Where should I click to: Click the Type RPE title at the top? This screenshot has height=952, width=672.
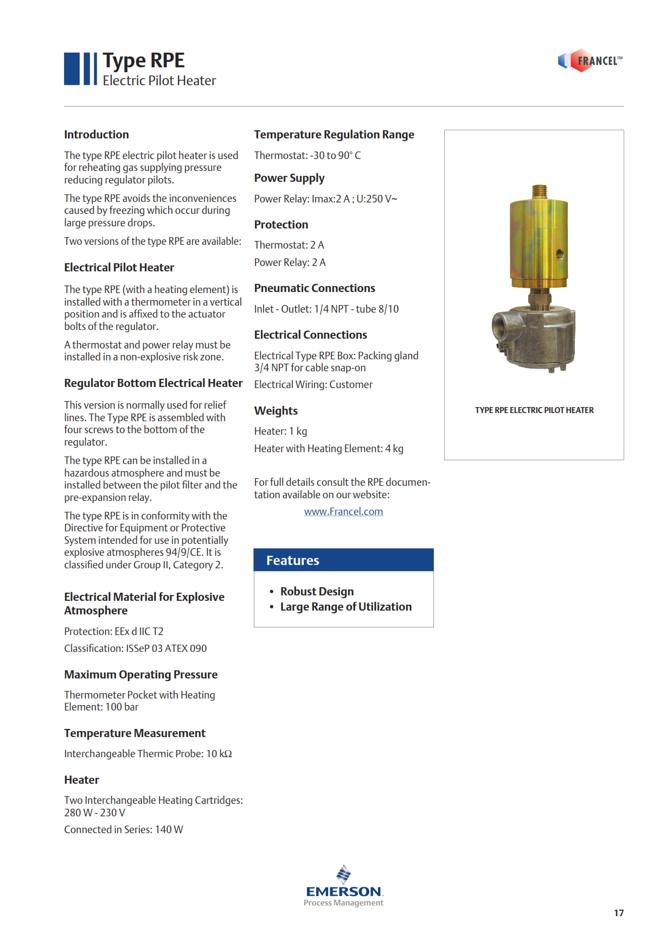tap(144, 61)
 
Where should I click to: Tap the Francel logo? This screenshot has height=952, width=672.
tap(590, 61)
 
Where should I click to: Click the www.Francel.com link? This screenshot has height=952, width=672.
tap(343, 512)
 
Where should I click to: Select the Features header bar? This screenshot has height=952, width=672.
tap(343, 560)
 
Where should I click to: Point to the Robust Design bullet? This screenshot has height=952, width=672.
tap(317, 592)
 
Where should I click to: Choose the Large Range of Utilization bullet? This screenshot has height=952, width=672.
tap(345, 607)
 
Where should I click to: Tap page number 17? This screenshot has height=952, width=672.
tap(618, 913)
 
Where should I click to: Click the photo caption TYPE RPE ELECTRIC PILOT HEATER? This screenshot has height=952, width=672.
tap(534, 410)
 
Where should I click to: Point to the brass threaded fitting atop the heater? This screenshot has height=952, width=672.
tap(539, 192)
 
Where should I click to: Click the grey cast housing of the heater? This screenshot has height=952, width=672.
tap(534, 337)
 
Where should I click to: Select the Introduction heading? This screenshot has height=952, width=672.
tap(97, 135)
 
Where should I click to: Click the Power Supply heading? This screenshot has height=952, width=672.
tap(289, 178)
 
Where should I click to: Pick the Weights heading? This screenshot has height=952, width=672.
tap(276, 411)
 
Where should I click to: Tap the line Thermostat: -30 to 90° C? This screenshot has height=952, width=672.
tap(308, 156)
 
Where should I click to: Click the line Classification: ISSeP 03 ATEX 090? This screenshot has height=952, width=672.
tap(135, 649)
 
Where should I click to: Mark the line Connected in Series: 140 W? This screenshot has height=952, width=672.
tap(124, 830)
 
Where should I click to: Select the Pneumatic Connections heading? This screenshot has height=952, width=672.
tap(315, 288)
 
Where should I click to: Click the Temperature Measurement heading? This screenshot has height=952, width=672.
tap(135, 733)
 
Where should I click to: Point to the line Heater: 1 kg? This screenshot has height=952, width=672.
tap(280, 431)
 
